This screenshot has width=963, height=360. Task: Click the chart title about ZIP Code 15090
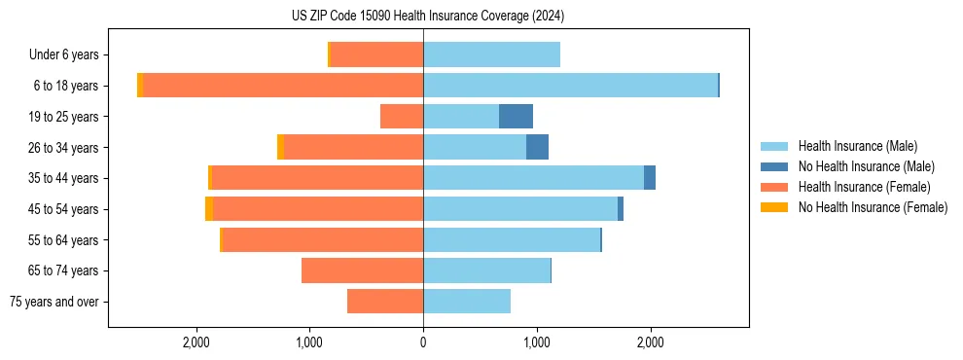click(x=427, y=17)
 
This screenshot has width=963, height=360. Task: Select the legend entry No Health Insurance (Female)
click(x=872, y=207)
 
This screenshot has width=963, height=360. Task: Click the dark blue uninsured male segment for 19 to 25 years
click(x=516, y=117)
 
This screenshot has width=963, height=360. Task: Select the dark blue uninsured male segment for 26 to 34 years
click(x=537, y=147)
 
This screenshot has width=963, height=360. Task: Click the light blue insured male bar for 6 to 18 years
click(x=570, y=86)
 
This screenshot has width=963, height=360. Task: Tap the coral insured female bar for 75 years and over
click(x=385, y=302)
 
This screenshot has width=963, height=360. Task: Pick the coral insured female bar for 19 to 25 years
click(x=402, y=117)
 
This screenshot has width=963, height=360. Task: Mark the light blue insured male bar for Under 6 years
click(x=491, y=55)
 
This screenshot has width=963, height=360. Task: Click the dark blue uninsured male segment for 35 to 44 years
click(x=650, y=178)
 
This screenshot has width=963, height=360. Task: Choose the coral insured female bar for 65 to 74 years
click(x=362, y=270)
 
